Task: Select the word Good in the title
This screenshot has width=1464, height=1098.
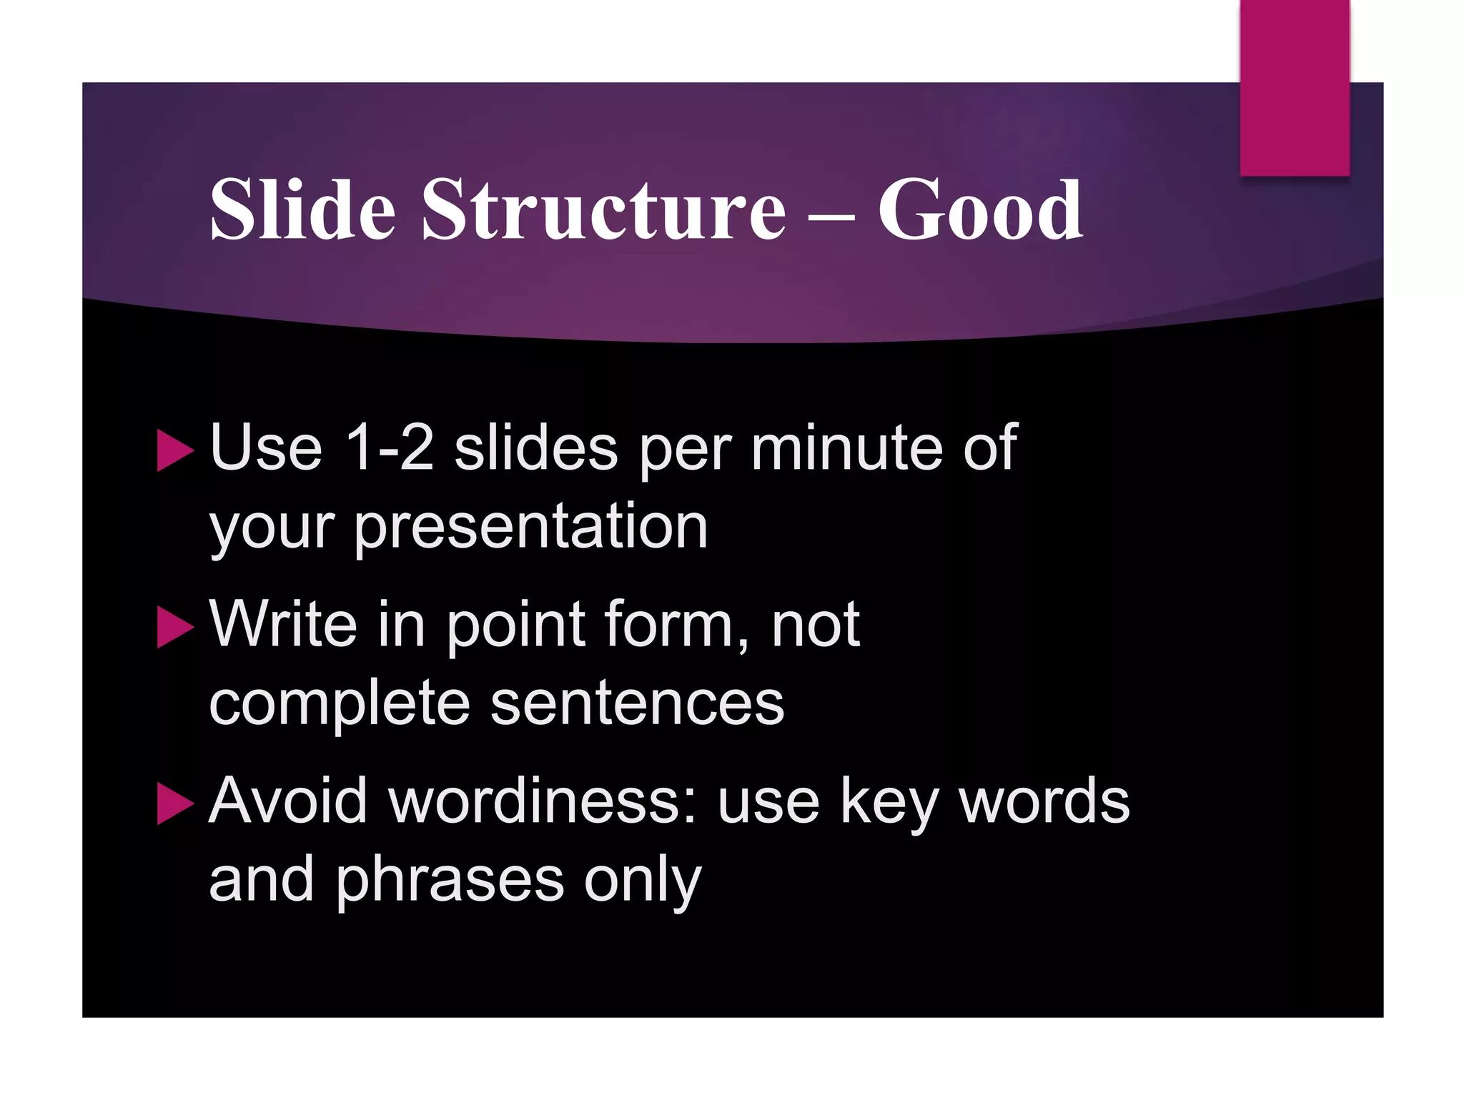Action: tap(979, 211)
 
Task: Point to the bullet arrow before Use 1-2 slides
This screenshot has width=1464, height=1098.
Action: tap(174, 450)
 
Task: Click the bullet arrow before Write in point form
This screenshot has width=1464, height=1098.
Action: tap(174, 627)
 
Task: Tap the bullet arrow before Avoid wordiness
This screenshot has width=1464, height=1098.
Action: tap(174, 803)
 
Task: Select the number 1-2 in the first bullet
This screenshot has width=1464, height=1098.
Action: tap(389, 448)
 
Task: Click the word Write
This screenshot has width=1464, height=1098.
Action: tap(283, 624)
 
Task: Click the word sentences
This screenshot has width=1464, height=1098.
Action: tap(638, 704)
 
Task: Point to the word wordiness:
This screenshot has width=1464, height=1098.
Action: tap(543, 801)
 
